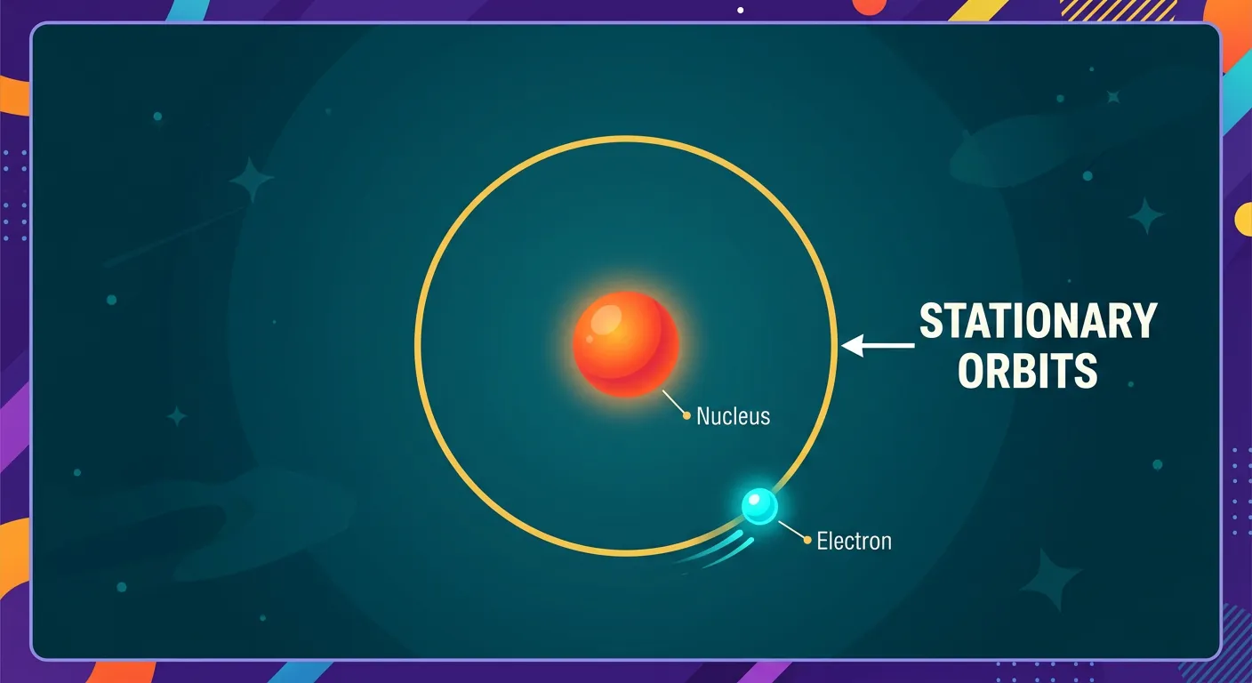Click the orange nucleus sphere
(626, 345)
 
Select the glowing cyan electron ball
(760, 506)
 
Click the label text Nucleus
(733, 415)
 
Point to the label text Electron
(854, 540)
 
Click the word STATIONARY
(1038, 321)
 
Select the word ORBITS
(1027, 371)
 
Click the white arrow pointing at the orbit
(877, 345)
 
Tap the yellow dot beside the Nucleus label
(686, 415)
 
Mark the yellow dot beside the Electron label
(807, 539)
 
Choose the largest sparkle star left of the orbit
(252, 180)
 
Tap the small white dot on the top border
(741, 10)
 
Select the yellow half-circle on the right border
(1244, 219)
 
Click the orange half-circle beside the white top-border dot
(869, 6)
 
